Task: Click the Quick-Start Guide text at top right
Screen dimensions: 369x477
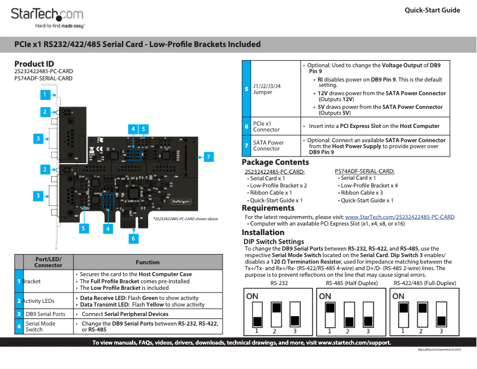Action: point(432,10)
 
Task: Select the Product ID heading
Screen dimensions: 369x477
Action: point(34,64)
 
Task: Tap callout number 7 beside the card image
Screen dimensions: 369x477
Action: point(208,157)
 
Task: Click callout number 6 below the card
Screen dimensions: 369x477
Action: point(133,238)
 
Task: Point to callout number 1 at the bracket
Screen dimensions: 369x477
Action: point(44,94)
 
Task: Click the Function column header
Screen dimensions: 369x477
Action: point(148,262)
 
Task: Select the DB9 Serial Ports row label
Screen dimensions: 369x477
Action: point(45,314)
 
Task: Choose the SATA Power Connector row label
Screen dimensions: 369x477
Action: point(268,146)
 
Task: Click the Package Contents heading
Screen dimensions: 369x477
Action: point(275,162)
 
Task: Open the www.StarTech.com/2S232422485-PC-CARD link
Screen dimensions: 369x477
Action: point(399,217)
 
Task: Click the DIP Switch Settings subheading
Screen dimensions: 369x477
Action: point(274,242)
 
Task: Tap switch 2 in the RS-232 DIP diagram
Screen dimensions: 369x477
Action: point(276,312)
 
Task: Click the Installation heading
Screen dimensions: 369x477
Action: point(267,232)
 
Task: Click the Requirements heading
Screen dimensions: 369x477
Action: point(268,208)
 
